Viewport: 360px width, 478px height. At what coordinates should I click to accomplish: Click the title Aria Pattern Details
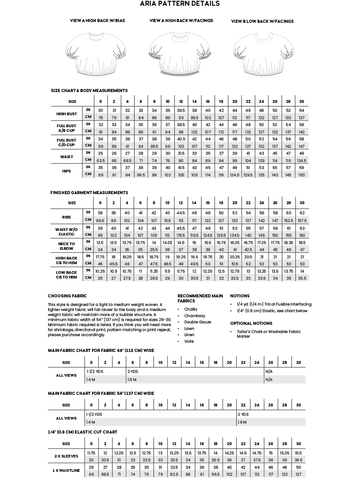180,4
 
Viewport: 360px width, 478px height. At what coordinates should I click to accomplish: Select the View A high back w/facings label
181,20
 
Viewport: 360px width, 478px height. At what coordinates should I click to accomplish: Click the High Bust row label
67,114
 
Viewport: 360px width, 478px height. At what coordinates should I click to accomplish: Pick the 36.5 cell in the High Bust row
181,110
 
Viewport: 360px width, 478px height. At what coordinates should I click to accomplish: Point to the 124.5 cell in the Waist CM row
302,160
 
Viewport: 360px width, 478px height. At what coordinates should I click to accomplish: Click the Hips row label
67,171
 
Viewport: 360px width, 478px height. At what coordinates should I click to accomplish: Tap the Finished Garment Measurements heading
89,193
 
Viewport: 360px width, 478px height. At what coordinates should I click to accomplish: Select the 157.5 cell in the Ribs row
302,220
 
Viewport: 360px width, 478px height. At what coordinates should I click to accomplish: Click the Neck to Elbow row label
67,246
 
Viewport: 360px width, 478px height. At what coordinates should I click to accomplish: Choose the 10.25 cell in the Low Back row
100,271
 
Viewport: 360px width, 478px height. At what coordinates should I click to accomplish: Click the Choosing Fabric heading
67,296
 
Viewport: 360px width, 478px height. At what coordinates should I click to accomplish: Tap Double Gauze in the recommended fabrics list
198,322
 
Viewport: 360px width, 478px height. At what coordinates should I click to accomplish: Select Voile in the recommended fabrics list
189,341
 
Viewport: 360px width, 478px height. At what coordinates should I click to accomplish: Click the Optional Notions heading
251,323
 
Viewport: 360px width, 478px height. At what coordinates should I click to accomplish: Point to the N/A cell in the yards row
269,371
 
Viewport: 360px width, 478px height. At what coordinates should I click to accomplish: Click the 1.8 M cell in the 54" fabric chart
242,422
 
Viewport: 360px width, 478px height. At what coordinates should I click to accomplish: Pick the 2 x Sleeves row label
66,456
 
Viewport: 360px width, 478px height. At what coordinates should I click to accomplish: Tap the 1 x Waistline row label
66,471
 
